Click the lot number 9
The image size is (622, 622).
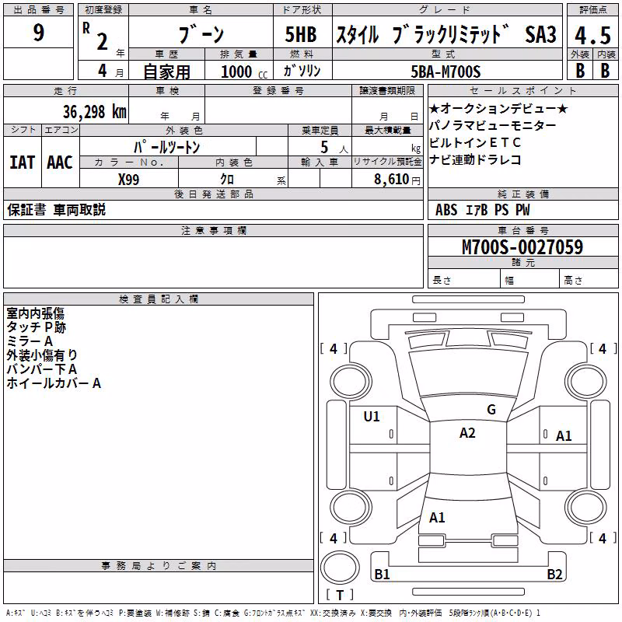pyautogui.click(x=38, y=32)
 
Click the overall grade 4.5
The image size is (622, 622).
pyautogui.click(x=592, y=35)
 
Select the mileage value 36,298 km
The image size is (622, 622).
pyautogui.click(x=94, y=112)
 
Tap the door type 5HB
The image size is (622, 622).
pyautogui.click(x=301, y=34)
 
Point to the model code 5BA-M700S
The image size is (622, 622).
pyautogui.click(x=446, y=72)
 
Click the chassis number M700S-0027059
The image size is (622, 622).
pyautogui.click(x=522, y=246)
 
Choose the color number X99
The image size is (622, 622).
pyautogui.click(x=128, y=180)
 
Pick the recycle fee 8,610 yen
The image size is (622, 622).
pyautogui.click(x=397, y=180)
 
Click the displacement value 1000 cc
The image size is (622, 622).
pyautogui.click(x=244, y=72)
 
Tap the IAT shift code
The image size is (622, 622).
pyautogui.click(x=23, y=162)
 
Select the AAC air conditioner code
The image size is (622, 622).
pyautogui.click(x=60, y=162)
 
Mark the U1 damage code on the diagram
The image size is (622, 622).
pyautogui.click(x=372, y=417)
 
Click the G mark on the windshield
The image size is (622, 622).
pyautogui.click(x=491, y=410)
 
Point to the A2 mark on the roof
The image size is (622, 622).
pyautogui.click(x=467, y=433)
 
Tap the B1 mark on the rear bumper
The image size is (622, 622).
pyautogui.click(x=382, y=574)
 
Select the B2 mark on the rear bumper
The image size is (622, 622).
pyautogui.click(x=554, y=574)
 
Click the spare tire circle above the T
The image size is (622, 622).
pyautogui.click(x=340, y=568)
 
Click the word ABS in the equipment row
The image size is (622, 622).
pyautogui.click(x=446, y=210)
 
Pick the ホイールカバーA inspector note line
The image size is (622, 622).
pyautogui.click(x=54, y=383)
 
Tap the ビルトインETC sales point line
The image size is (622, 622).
pyautogui.click(x=475, y=142)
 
